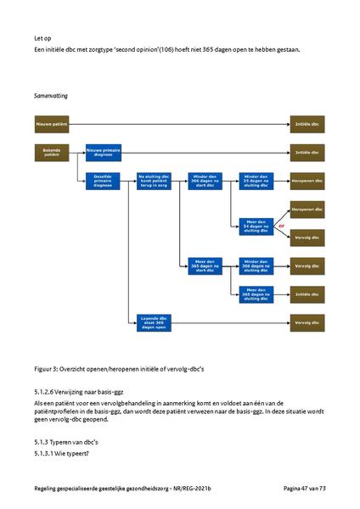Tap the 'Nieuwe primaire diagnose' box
point(103,153)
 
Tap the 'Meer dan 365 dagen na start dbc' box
point(205,266)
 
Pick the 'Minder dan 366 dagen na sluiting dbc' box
point(255,266)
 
